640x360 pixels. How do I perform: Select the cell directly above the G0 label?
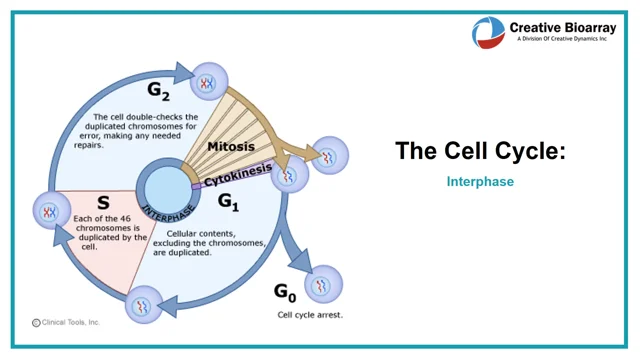click(322, 287)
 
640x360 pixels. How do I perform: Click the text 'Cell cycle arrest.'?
click(312, 314)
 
